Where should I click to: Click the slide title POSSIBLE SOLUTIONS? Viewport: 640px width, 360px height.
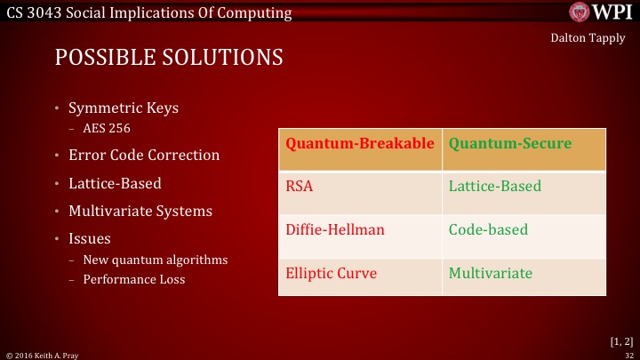[169, 58]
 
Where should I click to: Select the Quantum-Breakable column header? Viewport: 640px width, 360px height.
[360, 143]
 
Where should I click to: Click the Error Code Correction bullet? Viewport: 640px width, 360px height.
[144, 155]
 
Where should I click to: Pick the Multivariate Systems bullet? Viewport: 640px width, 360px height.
[140, 212]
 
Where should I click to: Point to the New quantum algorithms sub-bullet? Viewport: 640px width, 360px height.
[155, 260]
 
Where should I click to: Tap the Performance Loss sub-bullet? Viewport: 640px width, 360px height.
[133, 279]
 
